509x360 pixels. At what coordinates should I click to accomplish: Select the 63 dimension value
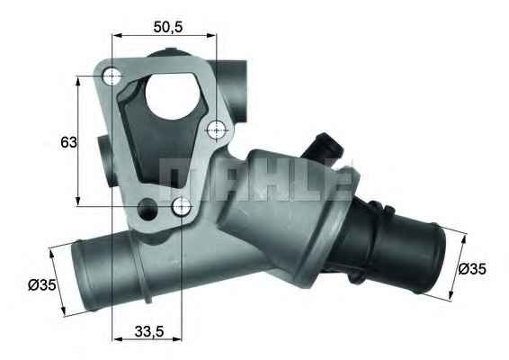point(69,142)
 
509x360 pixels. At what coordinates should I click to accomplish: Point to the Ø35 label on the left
point(42,285)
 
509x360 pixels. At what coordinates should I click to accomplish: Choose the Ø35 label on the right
point(472,269)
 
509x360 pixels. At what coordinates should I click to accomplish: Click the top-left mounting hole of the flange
point(112,76)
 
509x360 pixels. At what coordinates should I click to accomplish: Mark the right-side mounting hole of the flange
point(217,130)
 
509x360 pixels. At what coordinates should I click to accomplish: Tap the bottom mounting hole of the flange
point(181,206)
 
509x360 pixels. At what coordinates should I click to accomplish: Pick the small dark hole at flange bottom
point(147,208)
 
